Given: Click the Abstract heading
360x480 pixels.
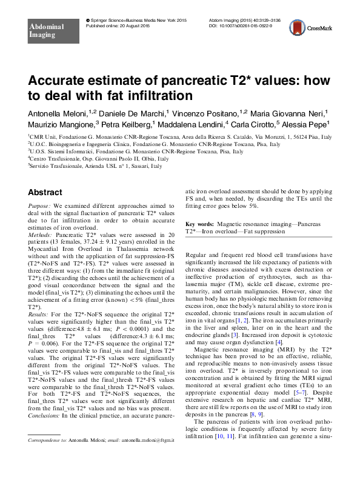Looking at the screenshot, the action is [45, 193].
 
